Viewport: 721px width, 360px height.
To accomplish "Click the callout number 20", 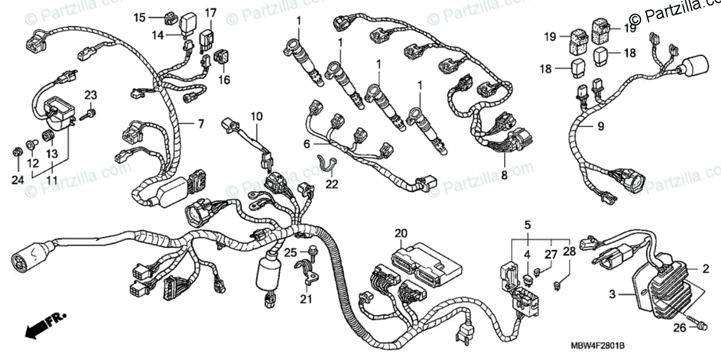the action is click(401, 233).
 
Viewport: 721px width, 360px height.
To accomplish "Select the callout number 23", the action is click(90, 94).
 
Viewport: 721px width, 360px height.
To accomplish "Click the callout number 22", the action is click(332, 184).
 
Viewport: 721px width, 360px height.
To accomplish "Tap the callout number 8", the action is click(504, 175).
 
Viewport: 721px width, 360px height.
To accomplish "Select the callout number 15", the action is click(139, 18).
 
